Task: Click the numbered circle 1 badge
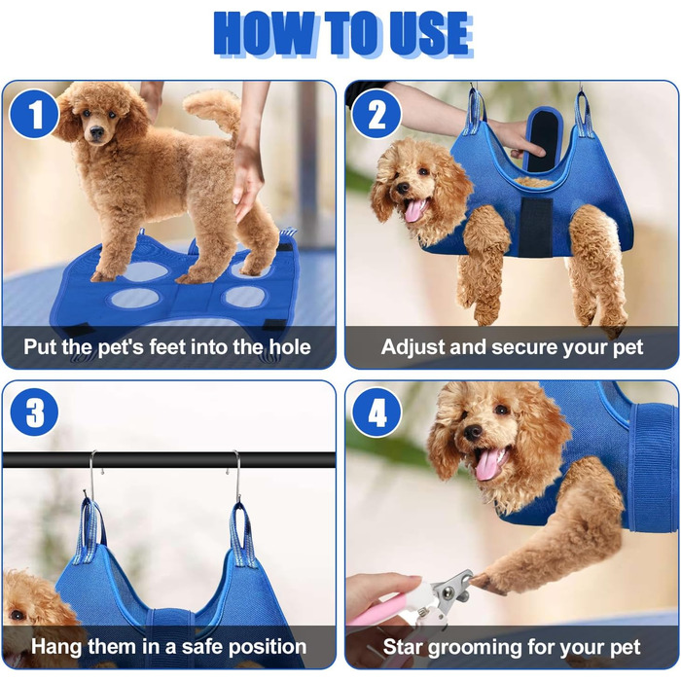tap(34, 114)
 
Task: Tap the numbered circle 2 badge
tap(376, 114)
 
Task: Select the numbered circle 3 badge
tap(34, 412)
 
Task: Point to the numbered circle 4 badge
tap(376, 412)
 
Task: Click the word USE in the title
tap(429, 34)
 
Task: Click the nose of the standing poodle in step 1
tap(97, 131)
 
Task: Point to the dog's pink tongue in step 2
tap(413, 211)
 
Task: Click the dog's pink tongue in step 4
tap(487, 465)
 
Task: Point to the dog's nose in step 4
tap(472, 432)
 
